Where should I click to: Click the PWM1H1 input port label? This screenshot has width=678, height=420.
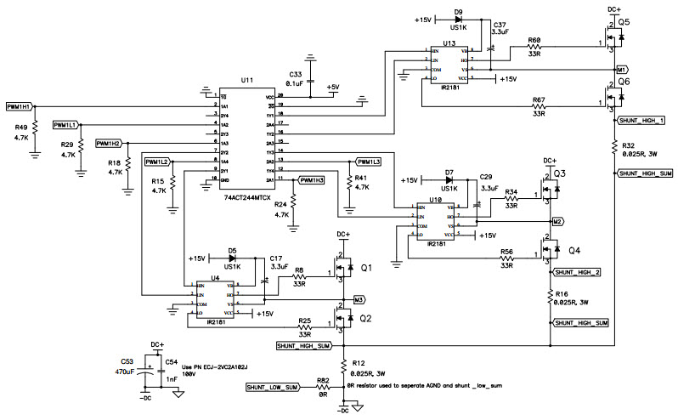point(19,106)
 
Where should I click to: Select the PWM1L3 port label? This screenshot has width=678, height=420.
point(368,161)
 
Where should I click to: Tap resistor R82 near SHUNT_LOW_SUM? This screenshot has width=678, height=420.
point(322,388)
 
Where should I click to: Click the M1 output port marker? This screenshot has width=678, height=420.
point(622,68)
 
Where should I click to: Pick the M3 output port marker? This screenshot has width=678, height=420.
point(359,300)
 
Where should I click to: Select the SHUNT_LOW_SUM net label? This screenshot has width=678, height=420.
point(271,388)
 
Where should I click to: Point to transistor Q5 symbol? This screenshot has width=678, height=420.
point(617,38)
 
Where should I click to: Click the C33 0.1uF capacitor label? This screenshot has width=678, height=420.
point(296,79)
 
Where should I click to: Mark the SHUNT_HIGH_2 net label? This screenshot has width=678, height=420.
point(577,272)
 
